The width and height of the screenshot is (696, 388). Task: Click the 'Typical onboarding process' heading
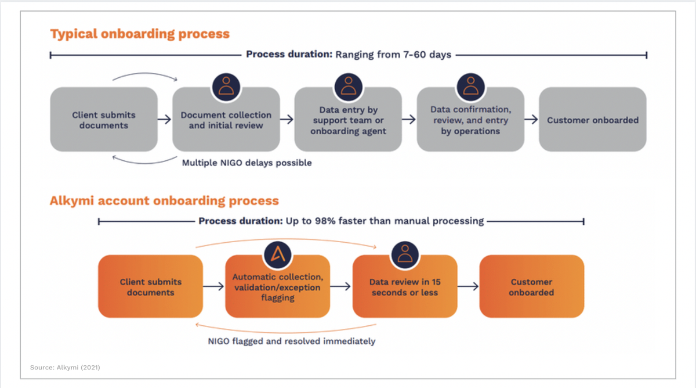140,34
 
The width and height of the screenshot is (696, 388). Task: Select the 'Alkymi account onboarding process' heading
164,201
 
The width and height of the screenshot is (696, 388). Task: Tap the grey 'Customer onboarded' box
592,120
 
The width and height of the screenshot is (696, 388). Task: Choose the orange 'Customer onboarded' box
531,286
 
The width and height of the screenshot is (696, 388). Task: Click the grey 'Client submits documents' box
104,120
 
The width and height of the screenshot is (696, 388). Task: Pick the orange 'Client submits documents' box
151,286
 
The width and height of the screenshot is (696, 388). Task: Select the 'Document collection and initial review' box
226,120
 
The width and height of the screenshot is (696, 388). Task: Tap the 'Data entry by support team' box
348,120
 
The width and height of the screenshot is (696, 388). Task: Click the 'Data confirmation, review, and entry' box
470,120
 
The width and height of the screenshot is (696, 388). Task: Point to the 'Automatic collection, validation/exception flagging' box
277,286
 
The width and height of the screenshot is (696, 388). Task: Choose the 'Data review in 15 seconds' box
405,286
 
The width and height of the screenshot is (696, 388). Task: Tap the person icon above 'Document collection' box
226,87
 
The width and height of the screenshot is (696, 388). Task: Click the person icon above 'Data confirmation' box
470,87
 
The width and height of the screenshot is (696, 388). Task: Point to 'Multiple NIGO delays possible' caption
246,163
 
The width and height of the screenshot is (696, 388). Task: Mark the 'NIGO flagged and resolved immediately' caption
291,341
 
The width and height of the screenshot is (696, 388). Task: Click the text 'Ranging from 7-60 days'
393,55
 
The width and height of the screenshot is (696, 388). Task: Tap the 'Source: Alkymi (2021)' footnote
65,367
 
